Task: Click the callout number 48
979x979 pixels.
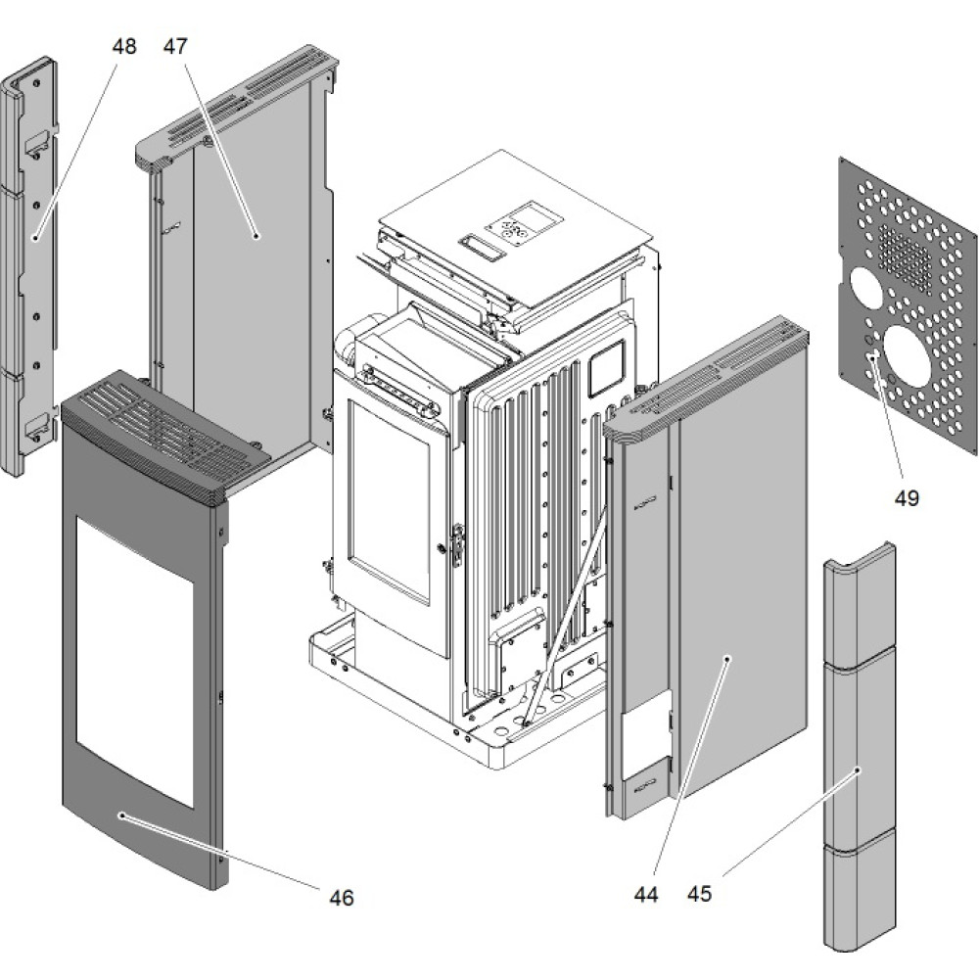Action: (124, 46)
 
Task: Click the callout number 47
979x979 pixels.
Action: (175, 46)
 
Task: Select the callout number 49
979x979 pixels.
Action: (907, 498)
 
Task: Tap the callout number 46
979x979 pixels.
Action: (341, 897)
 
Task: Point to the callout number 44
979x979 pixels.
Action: (646, 894)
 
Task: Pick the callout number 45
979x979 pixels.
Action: (699, 894)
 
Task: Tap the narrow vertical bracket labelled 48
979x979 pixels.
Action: (29, 264)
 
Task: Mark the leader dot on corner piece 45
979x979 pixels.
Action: (858, 771)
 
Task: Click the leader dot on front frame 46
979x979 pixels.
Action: (121, 815)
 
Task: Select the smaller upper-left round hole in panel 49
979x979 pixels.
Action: (865, 285)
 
